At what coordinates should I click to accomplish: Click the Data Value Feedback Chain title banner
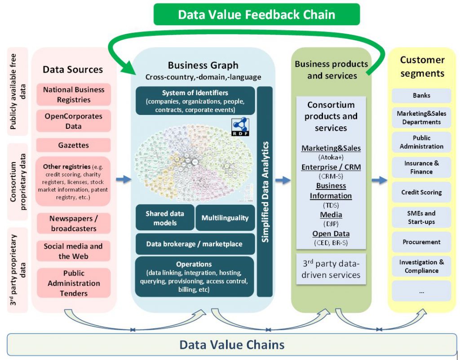257,14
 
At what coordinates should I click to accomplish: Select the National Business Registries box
73,95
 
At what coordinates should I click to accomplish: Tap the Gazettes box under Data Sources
73,145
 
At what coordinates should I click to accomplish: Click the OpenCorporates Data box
73,121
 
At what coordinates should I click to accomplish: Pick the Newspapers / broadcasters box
73,223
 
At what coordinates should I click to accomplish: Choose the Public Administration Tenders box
73,283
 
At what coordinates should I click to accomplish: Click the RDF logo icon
240,127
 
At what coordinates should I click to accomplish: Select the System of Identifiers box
195,101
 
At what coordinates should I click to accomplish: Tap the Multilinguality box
225,218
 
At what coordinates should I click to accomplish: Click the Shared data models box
165,218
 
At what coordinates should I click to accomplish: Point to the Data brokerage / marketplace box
194,244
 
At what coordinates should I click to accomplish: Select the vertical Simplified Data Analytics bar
265,192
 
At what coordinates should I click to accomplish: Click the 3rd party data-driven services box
331,269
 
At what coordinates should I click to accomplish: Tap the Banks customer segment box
421,96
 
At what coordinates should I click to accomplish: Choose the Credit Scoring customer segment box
421,192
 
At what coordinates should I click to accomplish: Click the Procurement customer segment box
421,242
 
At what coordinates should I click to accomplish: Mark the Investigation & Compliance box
421,266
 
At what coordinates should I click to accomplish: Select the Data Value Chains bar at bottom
232,345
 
